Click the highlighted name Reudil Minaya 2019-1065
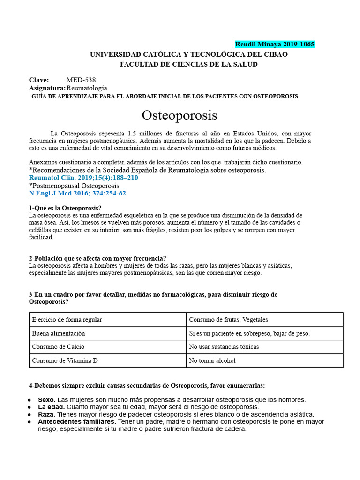(275, 44)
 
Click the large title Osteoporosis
(180, 115)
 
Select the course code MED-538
(81, 80)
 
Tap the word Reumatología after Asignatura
(87, 88)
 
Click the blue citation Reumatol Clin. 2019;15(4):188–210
(83, 178)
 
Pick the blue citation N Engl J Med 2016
(77, 193)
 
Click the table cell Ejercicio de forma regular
(67, 320)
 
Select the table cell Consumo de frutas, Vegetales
(228, 320)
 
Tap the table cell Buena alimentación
(59, 333)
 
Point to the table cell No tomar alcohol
(212, 360)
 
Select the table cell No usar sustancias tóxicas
(224, 347)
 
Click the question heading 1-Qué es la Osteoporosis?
(65, 208)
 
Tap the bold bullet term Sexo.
(46, 400)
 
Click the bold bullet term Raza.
(46, 414)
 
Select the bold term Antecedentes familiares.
(77, 421)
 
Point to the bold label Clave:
(39, 80)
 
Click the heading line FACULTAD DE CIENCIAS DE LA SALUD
(189, 64)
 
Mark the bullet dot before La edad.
(30, 407)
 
